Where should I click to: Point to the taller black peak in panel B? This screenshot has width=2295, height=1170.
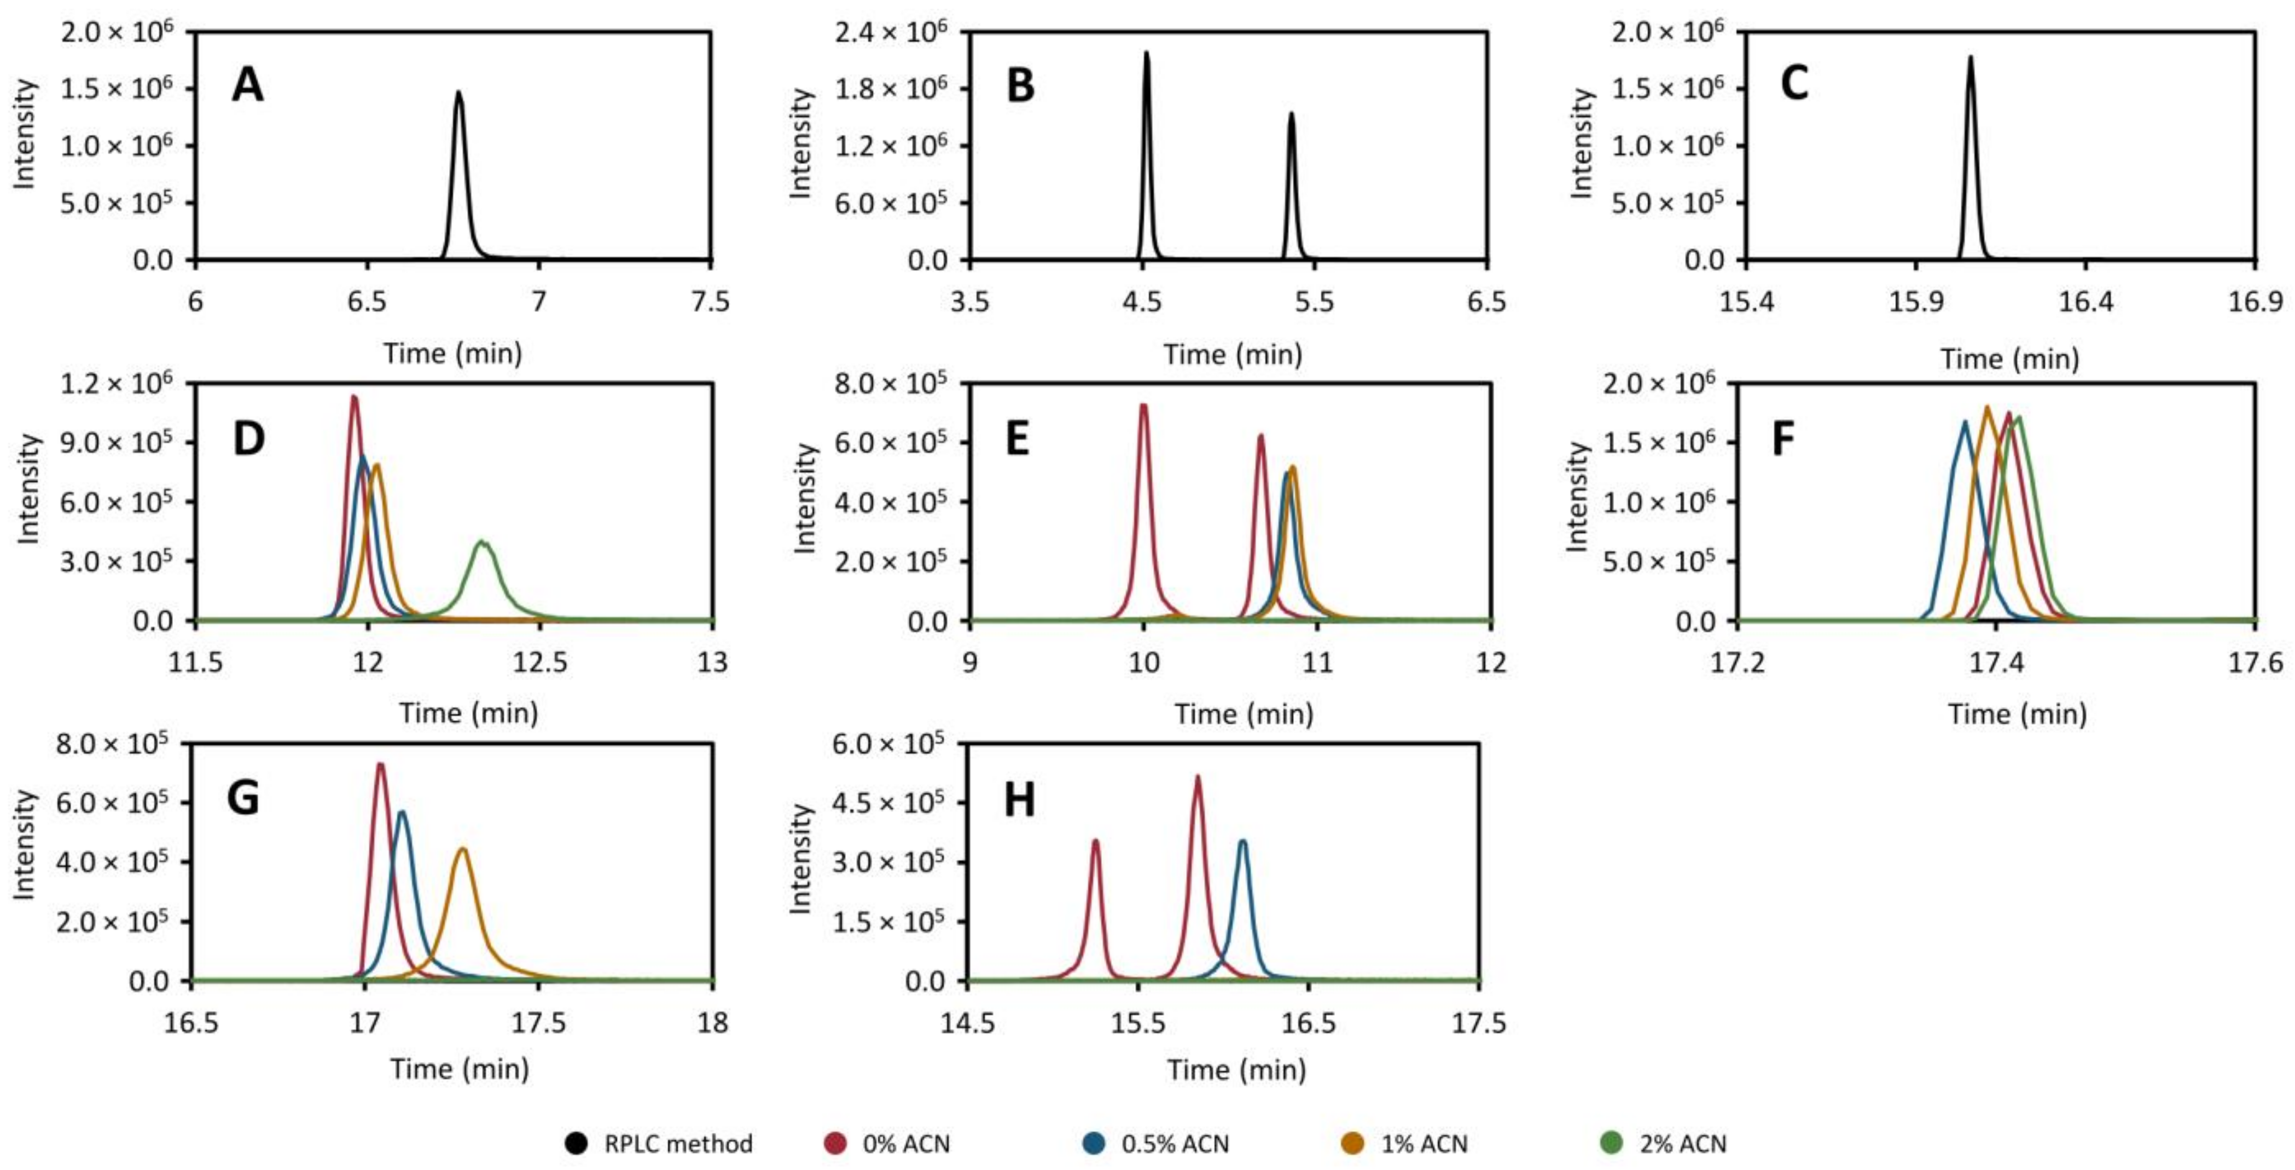pos(1147,53)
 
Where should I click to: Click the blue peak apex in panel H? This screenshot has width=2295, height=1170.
pos(1243,841)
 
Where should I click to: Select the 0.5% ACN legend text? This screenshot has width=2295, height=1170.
pos(1174,1143)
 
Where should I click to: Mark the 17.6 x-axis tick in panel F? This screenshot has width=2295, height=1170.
pos(2255,662)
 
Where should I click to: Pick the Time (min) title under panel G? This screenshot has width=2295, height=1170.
pos(460,1068)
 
